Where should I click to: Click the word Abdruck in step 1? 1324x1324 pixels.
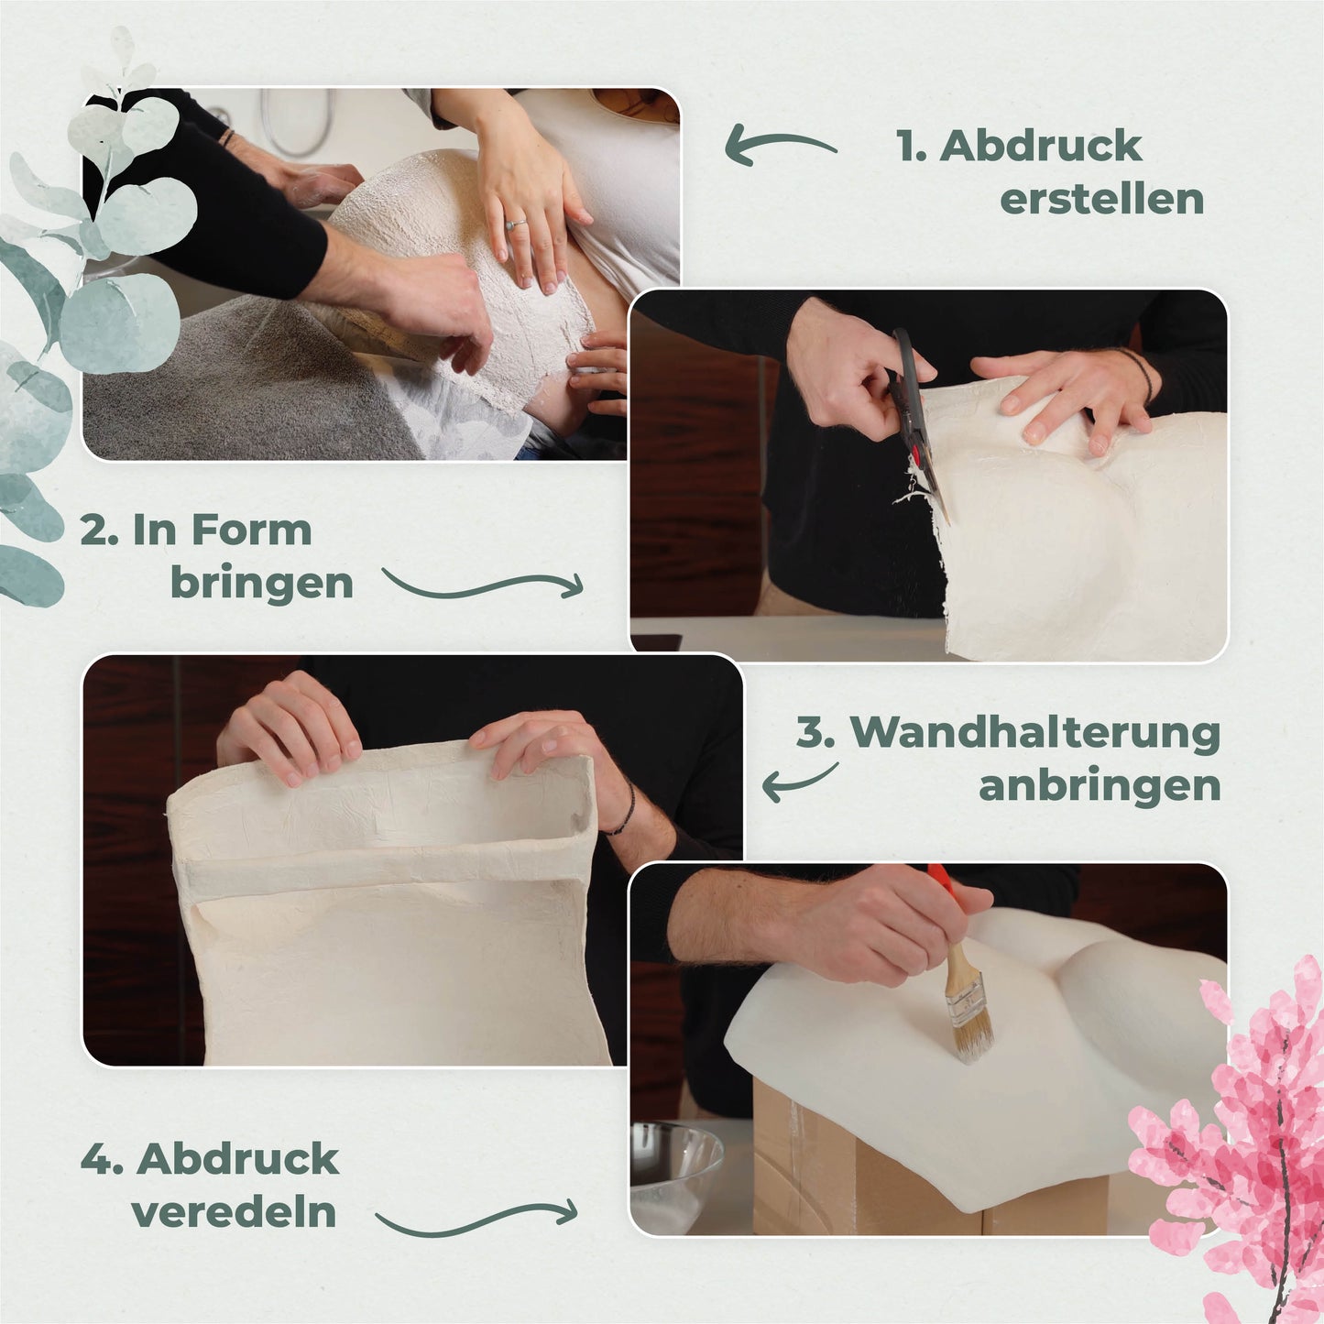point(1040,147)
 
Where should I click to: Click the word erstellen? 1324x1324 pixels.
point(1101,199)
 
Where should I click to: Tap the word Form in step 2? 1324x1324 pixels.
point(251,531)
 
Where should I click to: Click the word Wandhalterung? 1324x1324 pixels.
point(1035,733)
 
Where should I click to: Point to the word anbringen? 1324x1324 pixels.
point(1100,787)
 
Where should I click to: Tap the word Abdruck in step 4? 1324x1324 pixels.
point(237,1159)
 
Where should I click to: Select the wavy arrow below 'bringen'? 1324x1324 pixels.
point(482,586)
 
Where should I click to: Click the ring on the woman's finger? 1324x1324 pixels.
point(516,224)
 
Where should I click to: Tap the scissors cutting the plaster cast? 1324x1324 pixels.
point(914,419)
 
